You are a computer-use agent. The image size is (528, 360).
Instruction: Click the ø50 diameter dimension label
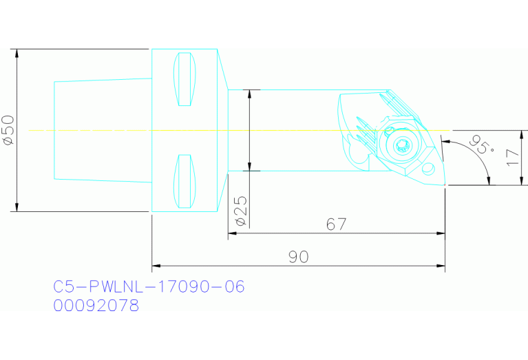pos(9,130)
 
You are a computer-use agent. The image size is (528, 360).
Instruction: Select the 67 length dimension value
pos(336,224)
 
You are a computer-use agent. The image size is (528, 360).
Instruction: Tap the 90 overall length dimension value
pos(298,257)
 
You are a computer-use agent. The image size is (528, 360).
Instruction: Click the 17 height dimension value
pos(510,158)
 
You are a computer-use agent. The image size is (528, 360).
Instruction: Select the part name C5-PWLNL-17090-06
pos(149,286)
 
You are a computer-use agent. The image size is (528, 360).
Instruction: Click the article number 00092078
pos(96,305)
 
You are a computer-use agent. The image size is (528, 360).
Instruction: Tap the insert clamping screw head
pos(402,145)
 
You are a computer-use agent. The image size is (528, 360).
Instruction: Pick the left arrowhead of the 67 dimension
pos(232,233)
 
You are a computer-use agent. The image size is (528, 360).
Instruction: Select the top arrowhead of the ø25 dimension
pos(249,94)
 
